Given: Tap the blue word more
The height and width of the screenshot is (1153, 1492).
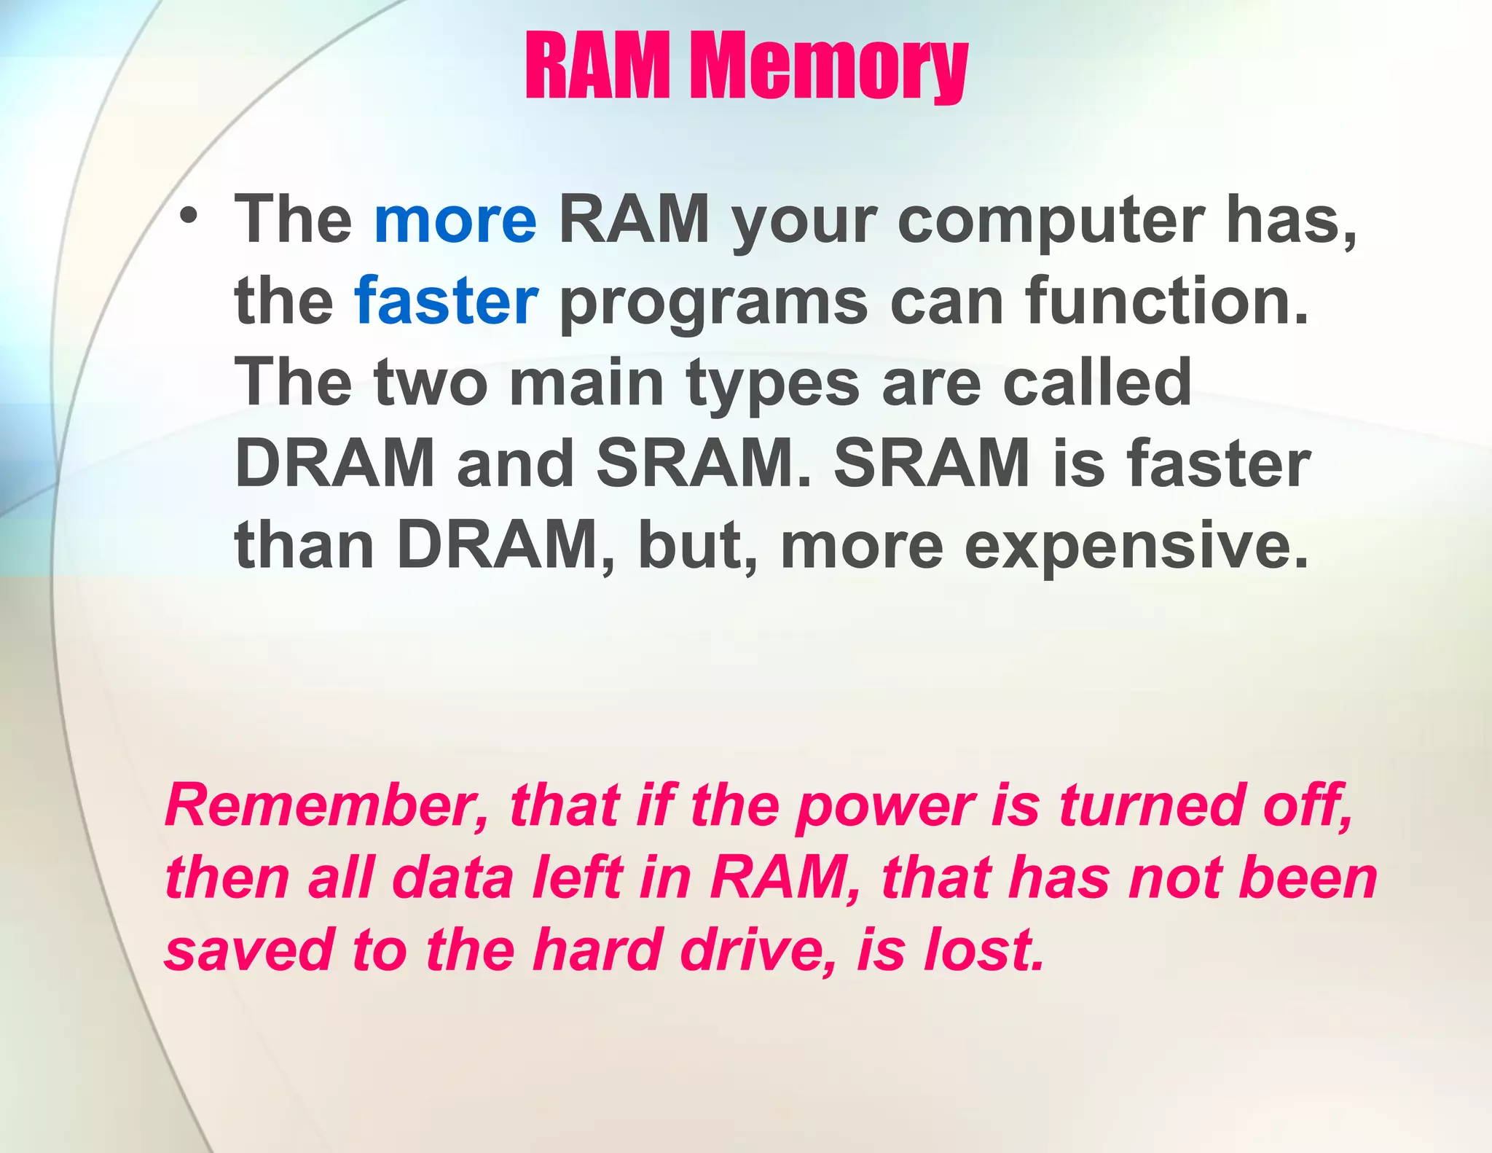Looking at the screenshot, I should coord(455,219).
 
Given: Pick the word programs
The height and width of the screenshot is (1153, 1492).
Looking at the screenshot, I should coord(714,305).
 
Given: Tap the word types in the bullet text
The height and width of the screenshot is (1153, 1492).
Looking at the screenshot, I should coord(773,385).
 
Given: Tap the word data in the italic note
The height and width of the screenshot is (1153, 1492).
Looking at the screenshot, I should coord(453,878).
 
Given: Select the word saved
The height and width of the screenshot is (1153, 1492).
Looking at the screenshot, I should coord(248,950).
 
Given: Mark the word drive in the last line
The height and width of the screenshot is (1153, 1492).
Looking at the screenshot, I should coord(758,950).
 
